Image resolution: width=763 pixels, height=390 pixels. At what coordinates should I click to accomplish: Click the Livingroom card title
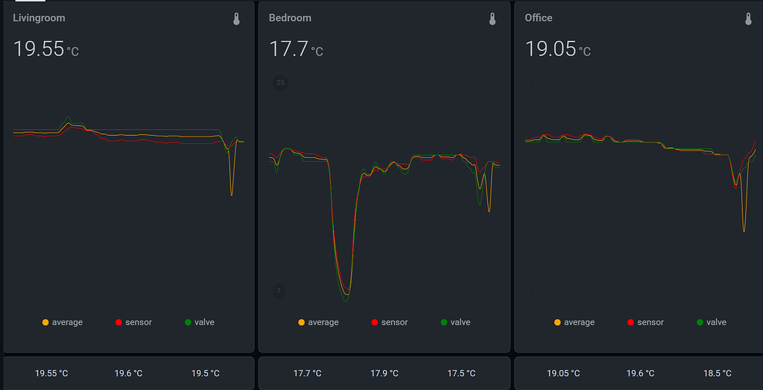tap(39, 18)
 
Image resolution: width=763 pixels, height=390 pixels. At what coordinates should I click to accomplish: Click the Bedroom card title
tap(290, 18)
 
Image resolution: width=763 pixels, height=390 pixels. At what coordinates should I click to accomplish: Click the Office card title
tap(539, 18)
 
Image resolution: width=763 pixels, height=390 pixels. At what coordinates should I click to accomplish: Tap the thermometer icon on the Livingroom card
tap(237, 19)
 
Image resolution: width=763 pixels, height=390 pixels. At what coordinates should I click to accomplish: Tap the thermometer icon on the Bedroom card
tap(493, 19)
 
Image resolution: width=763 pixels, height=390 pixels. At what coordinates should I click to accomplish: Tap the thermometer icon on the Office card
tap(749, 19)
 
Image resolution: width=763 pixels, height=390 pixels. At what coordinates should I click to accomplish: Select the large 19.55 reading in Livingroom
tap(39, 49)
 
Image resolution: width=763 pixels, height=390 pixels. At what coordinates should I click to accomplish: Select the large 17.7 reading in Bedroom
tap(288, 49)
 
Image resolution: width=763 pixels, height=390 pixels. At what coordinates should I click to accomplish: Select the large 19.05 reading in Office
tap(551, 49)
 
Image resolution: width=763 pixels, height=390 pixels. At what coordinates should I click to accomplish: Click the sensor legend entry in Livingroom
tap(133, 322)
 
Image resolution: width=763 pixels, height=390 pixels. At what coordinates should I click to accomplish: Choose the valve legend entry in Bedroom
tap(455, 322)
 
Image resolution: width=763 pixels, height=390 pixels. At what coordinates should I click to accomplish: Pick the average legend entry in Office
tap(574, 322)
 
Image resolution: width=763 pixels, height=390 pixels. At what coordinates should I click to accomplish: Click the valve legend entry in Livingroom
tap(199, 322)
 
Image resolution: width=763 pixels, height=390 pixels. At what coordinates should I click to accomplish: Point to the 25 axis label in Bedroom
tap(280, 83)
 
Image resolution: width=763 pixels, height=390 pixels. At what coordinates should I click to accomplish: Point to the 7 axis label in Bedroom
tap(279, 291)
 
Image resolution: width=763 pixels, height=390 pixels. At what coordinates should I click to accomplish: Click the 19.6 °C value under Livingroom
tap(128, 373)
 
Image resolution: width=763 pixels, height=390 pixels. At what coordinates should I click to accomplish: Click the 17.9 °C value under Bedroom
tap(384, 373)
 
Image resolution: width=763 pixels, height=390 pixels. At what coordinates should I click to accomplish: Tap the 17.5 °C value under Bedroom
tap(462, 373)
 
